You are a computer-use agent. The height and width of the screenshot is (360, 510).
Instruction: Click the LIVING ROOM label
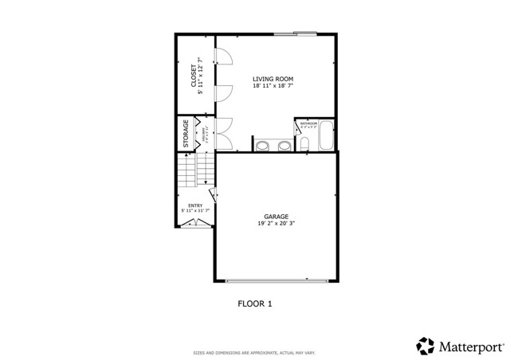(273, 79)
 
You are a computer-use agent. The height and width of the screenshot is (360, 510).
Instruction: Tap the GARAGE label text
(277, 217)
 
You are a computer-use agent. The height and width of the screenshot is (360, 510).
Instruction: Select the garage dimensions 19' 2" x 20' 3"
(277, 224)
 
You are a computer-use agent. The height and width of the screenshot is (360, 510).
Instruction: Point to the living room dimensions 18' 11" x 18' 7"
(273, 86)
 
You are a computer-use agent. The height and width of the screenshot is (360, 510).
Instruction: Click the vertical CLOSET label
(194, 77)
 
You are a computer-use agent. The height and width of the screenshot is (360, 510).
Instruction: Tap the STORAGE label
(186, 133)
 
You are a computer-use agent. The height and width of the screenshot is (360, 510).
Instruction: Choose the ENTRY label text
(195, 205)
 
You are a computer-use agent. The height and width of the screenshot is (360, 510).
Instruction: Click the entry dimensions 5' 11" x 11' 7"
(195, 211)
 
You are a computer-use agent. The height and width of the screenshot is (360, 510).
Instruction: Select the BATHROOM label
(308, 123)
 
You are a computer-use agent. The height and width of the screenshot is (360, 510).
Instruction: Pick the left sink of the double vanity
(263, 145)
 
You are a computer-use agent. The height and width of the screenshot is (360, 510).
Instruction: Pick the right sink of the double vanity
(283, 145)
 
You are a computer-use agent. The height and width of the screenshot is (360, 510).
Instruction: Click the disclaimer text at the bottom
(255, 352)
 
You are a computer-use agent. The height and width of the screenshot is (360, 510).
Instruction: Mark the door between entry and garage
(213, 195)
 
